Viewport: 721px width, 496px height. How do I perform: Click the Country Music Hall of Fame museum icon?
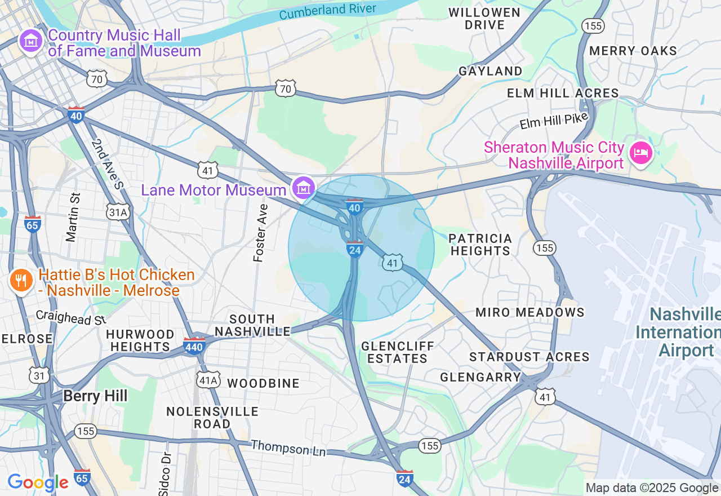[x=31, y=41]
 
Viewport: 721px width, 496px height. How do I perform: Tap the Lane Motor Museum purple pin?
[x=304, y=188]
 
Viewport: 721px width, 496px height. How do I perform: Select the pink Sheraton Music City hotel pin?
[x=641, y=152]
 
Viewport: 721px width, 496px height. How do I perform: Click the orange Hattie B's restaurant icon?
[x=21, y=280]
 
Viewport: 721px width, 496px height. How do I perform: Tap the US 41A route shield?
[x=208, y=380]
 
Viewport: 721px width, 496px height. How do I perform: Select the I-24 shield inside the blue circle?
[x=354, y=249]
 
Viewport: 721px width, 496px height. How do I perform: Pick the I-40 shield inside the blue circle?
[x=354, y=207]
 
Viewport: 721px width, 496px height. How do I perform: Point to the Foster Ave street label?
[x=261, y=233]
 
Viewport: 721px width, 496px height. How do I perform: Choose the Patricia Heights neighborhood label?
[x=480, y=245]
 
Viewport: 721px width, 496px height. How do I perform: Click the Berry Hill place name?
[x=95, y=396]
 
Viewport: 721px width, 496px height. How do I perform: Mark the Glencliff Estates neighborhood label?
[x=398, y=352]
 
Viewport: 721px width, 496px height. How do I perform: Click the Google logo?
[x=38, y=482]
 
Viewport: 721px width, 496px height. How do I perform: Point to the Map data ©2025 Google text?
[x=651, y=488]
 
